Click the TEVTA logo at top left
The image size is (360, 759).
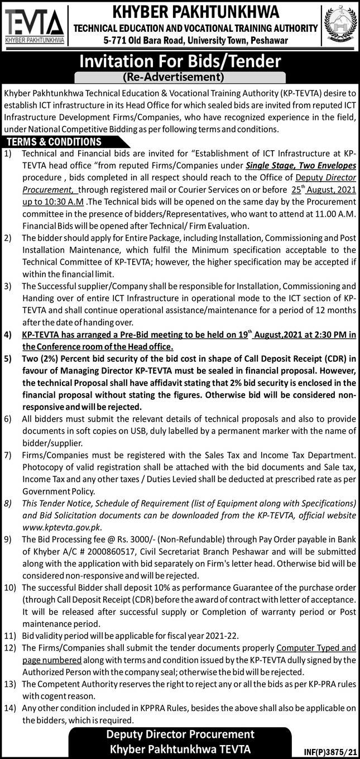(35, 26)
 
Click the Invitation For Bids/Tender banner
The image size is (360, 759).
(180, 61)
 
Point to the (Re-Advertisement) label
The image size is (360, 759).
(180, 77)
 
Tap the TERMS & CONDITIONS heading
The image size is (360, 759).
(54, 142)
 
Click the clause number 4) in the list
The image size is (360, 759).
(8, 335)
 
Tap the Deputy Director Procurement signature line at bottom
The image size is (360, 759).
(180, 734)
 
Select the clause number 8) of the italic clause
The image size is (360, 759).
(8, 503)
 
